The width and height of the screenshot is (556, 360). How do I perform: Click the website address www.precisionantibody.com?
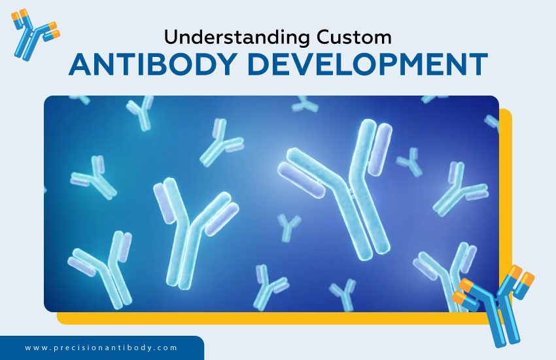101,348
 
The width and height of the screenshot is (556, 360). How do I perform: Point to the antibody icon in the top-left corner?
35,33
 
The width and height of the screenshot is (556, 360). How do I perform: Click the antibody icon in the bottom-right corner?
496,300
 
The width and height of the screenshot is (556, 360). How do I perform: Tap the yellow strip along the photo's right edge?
505,196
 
